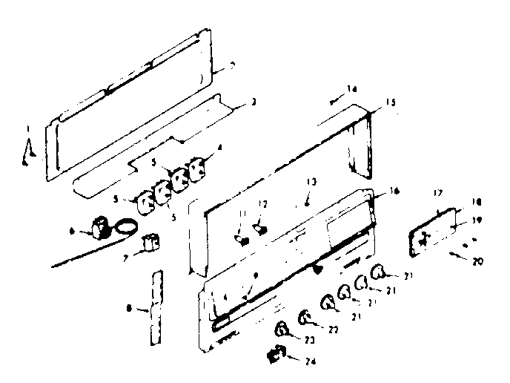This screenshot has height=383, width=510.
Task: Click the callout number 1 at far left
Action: (x=27, y=127)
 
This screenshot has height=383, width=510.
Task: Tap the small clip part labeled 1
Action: (x=27, y=151)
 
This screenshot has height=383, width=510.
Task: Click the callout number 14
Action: (x=352, y=88)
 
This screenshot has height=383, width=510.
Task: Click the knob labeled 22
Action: (x=304, y=319)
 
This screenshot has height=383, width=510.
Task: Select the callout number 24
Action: (x=303, y=361)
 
